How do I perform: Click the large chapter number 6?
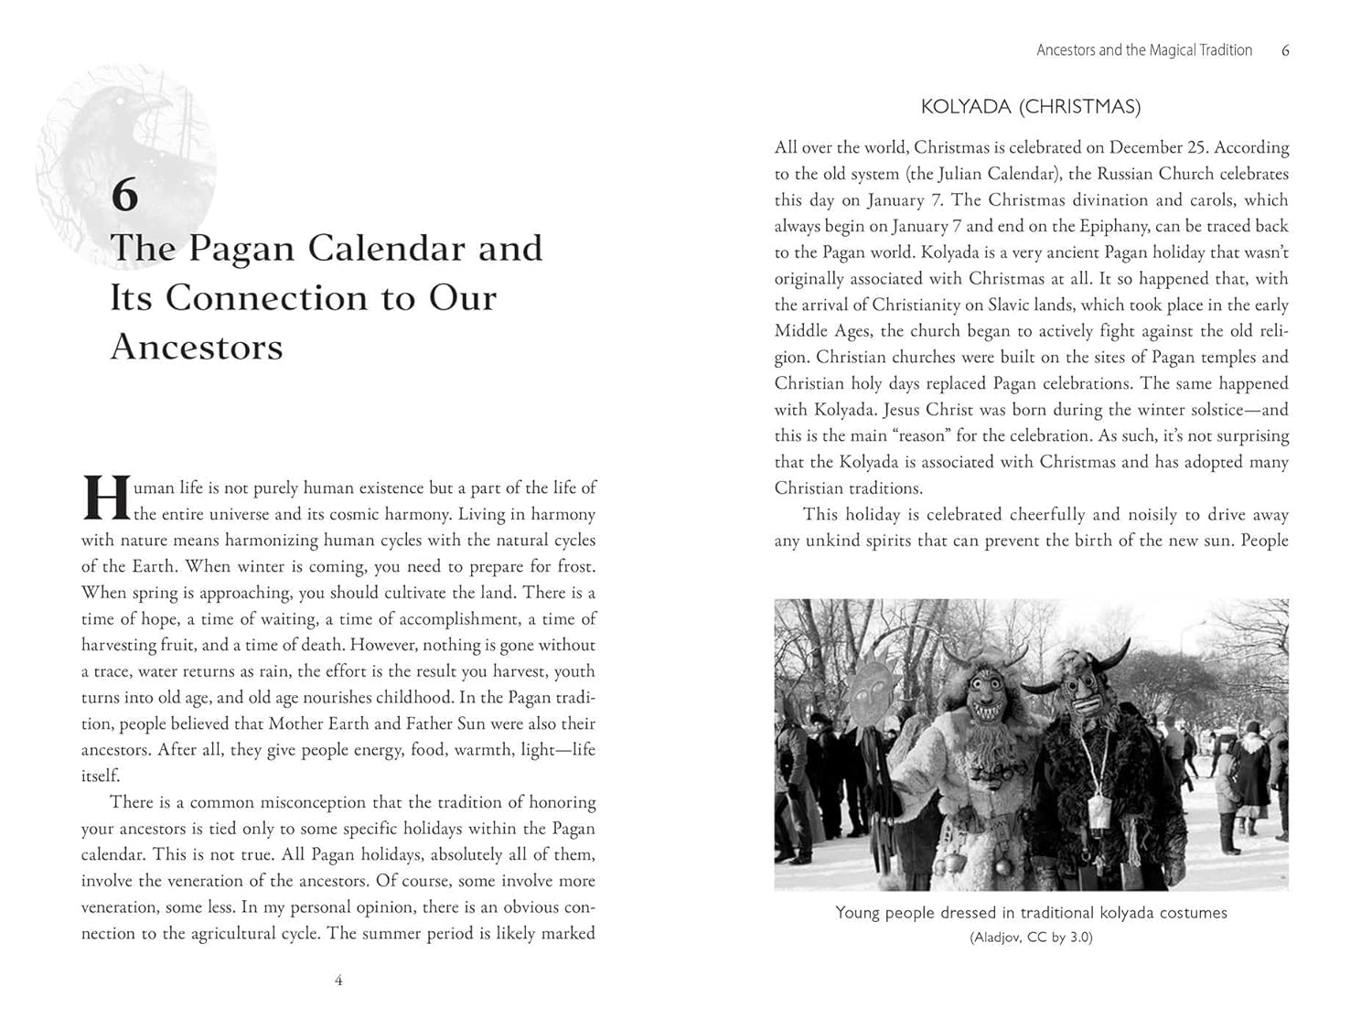pyautogui.click(x=124, y=195)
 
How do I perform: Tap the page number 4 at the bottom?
pyautogui.click(x=338, y=981)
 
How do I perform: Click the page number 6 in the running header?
pyautogui.click(x=1285, y=50)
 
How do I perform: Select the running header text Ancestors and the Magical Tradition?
pyautogui.click(x=1143, y=50)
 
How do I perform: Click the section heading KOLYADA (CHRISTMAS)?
pyautogui.click(x=1031, y=107)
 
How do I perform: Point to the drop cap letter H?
pyautogui.click(x=106, y=498)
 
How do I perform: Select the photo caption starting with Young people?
pyautogui.click(x=1031, y=913)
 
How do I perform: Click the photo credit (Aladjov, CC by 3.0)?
pyautogui.click(x=1031, y=938)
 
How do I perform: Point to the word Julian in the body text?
pyautogui.click(x=953, y=174)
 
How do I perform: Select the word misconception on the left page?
pyautogui.click(x=313, y=802)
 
